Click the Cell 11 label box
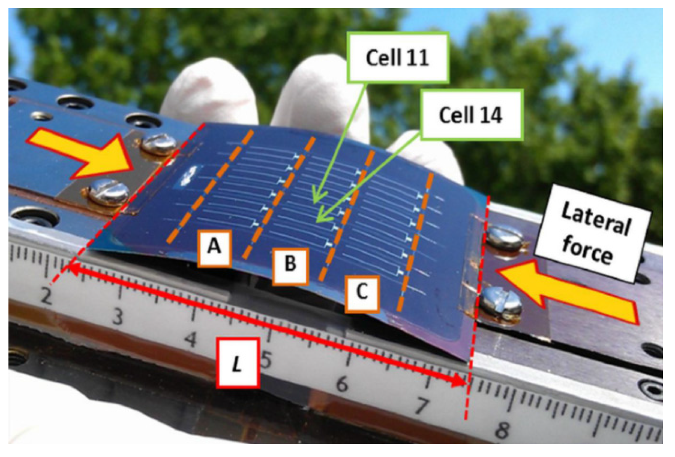(397, 57)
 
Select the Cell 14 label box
(470, 115)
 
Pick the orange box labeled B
(290, 266)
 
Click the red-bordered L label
(238, 363)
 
